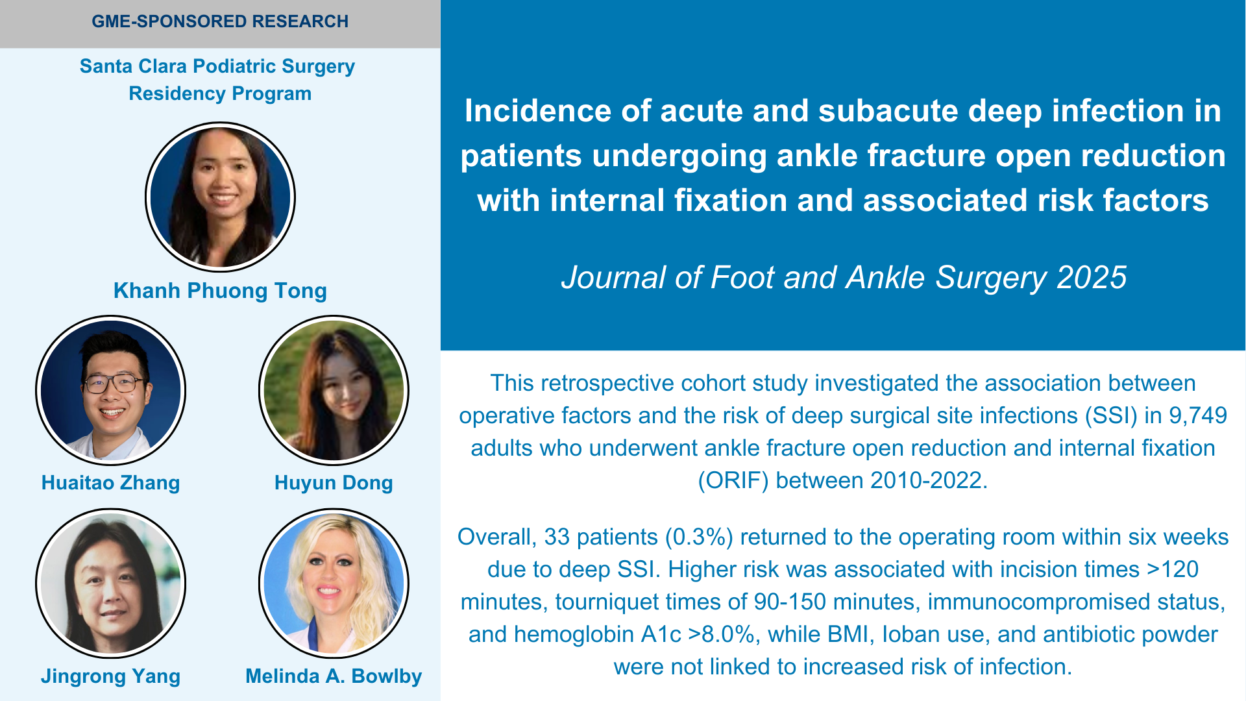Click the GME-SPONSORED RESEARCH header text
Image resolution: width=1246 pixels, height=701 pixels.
(220, 21)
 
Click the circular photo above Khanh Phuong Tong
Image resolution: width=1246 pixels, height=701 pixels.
(220, 197)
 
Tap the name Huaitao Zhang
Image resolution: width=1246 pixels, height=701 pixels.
(110, 483)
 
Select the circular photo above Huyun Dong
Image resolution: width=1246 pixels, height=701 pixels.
(334, 390)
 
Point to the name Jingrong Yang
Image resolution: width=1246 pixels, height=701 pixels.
(110, 676)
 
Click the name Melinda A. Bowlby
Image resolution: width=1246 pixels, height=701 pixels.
(334, 676)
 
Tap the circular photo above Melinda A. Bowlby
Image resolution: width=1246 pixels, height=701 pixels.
(334, 584)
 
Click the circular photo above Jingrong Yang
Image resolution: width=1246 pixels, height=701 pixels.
(110, 584)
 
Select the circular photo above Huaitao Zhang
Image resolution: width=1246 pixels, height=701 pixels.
(110, 390)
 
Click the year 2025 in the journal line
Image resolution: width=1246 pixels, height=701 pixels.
(1092, 278)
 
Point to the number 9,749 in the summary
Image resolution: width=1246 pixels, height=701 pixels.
(1198, 416)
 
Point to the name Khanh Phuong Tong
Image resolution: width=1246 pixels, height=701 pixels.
(220, 291)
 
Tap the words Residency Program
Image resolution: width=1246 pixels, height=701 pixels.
(220, 93)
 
